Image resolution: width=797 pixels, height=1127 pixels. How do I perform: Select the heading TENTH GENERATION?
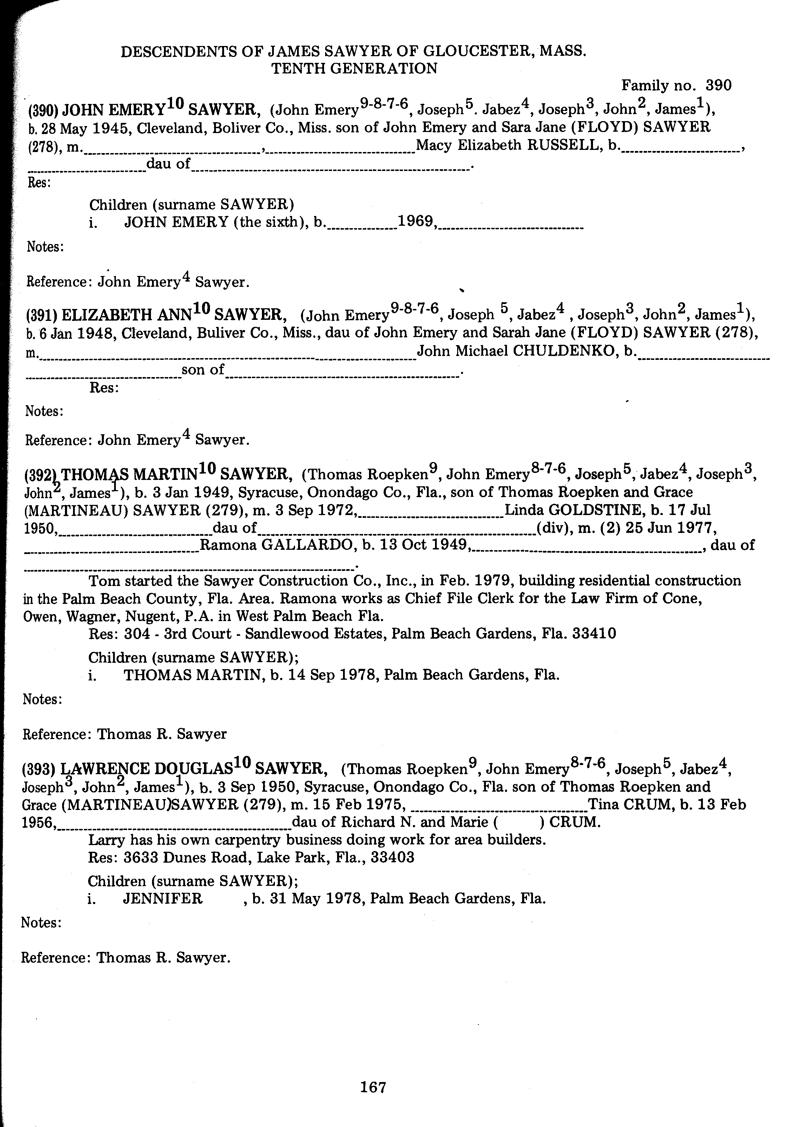click(354, 69)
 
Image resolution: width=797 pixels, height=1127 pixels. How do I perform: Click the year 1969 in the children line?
click(415, 222)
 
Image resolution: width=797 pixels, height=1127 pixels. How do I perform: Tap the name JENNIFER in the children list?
click(162, 899)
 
